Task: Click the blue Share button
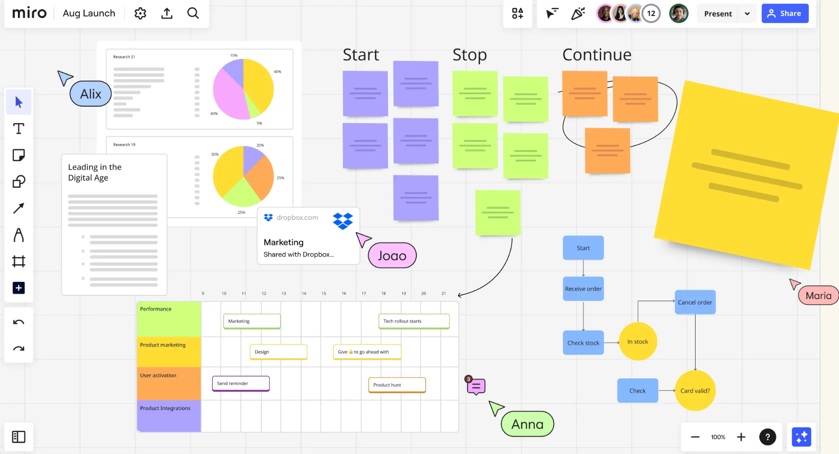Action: [x=785, y=14]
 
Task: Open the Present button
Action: [x=718, y=14]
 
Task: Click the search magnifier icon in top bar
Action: [x=193, y=13]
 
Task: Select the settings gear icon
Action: [x=140, y=13]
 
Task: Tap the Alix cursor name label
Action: [x=91, y=94]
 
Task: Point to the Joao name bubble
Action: [x=392, y=255]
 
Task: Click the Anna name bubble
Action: [x=527, y=424]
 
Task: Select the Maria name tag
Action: [x=818, y=295]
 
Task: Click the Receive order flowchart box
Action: [x=583, y=289]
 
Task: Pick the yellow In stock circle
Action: [x=638, y=342]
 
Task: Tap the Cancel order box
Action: [x=695, y=302]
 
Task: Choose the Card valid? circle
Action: [x=695, y=391]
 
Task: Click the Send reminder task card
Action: [x=241, y=383]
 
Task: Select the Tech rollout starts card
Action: [x=414, y=321]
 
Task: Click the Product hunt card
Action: [x=397, y=385]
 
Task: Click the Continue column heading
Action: [x=596, y=55]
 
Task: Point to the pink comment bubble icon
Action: [x=476, y=387]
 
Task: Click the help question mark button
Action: [x=767, y=437]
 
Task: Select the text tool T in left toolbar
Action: [x=19, y=129]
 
